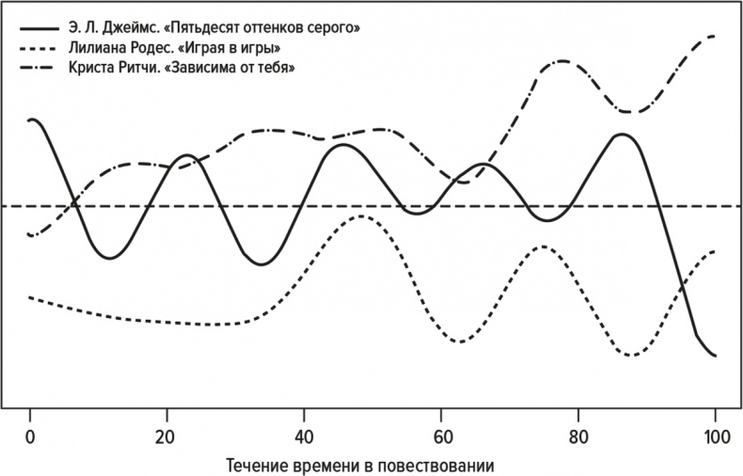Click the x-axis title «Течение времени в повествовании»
pyautogui.click(x=372, y=465)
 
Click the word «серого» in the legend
pyautogui.click(x=337, y=27)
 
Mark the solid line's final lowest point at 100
pyautogui.click(x=715, y=356)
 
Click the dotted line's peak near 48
pyautogui.click(x=361, y=215)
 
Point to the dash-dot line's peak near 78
pyautogui.click(x=561, y=61)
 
